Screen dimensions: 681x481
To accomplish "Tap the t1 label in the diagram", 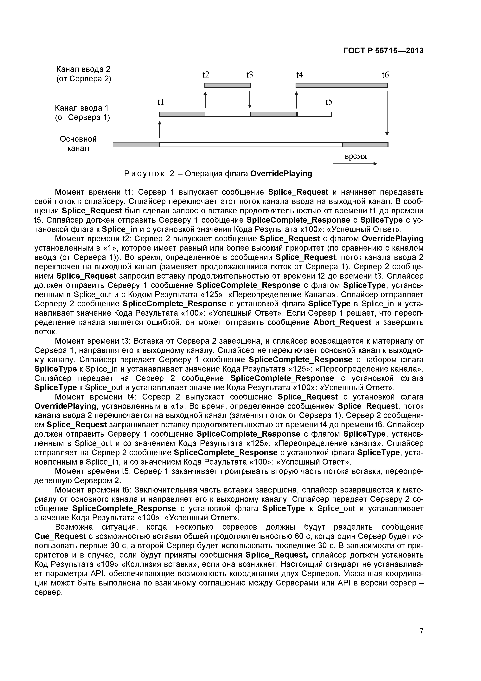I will coord(160,102).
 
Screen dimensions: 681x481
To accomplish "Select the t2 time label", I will coord(205,75).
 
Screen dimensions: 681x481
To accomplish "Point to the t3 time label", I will coord(250,75).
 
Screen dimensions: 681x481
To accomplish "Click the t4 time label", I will coord(300,75).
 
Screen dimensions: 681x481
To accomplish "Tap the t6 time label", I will coord(385,75).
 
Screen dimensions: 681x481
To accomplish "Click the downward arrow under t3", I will coord(250,100).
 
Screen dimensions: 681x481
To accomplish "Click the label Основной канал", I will coord(78,143).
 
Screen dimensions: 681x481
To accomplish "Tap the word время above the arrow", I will coord(356,156).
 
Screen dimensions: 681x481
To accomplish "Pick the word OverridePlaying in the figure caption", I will coord(281,174).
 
